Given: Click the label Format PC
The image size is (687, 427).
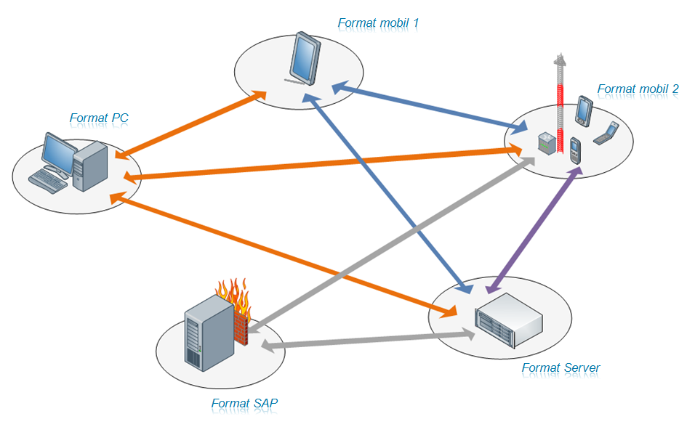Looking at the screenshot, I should coord(99,118).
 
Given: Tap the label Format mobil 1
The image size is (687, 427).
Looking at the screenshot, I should coord(378,23).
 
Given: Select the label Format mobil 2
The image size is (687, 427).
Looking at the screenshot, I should coord(638,89).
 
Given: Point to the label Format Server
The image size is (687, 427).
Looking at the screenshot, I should coord(561,368).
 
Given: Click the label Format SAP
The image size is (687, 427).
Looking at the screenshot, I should coord(244,403).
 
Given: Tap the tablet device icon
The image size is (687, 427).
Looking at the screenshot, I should coord(303,58).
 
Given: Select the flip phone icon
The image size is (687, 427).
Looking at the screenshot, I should coord(606,134).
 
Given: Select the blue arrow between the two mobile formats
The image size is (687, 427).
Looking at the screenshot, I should coord(430,110).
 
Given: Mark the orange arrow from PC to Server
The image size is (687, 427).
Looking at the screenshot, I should coord(284,255).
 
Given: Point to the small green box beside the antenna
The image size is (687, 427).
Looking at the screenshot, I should coord(546,142).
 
